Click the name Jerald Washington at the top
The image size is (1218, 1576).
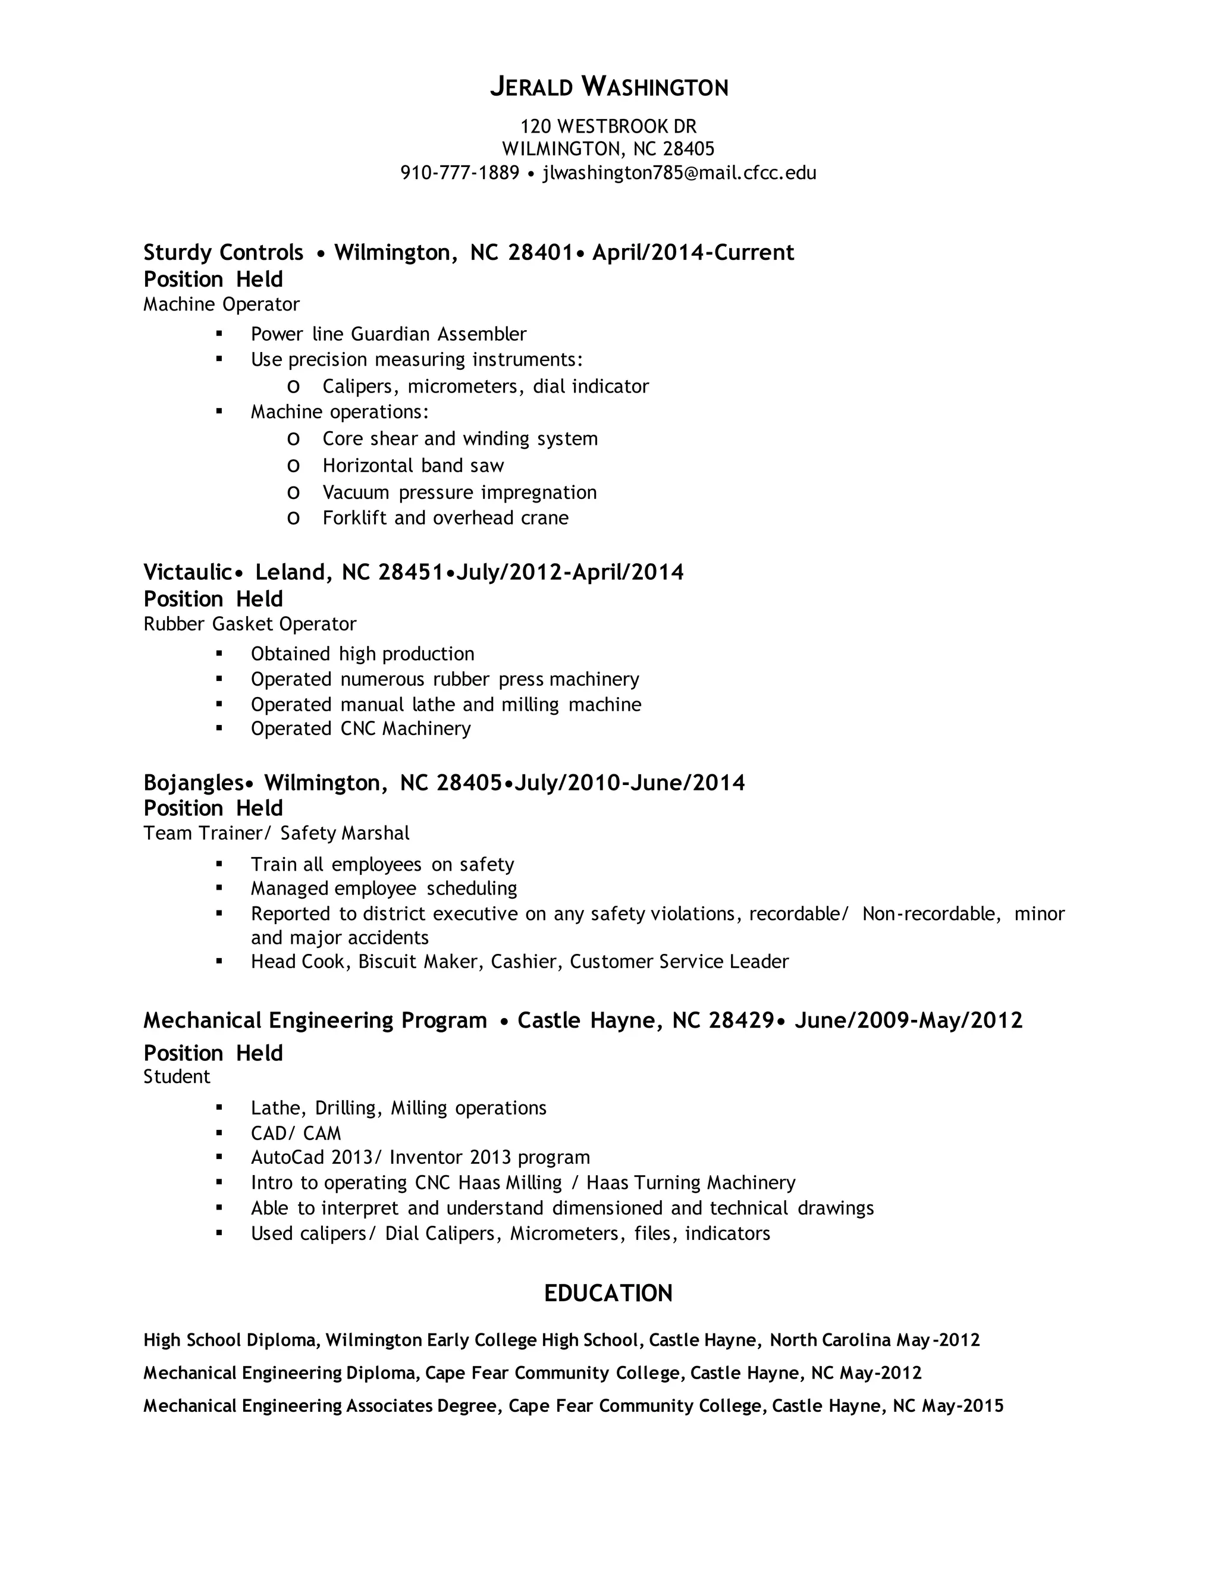pyautogui.click(x=609, y=87)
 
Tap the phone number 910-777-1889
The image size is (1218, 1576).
pyautogui.click(x=460, y=173)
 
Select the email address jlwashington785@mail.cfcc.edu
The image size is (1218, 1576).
pyautogui.click(x=679, y=173)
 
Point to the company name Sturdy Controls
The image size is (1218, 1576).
pyautogui.click(x=223, y=253)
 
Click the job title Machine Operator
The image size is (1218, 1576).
pyautogui.click(x=221, y=304)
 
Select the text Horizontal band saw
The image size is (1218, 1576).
pyautogui.click(x=413, y=466)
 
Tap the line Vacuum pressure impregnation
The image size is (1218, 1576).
pyautogui.click(x=460, y=493)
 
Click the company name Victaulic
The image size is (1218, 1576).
pyautogui.click(x=187, y=572)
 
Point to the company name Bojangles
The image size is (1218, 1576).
pyautogui.click(x=194, y=783)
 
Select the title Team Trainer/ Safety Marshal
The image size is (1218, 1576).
pyautogui.click(x=275, y=833)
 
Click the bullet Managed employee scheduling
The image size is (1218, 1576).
pyautogui.click(x=384, y=889)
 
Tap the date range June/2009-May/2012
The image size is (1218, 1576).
pyautogui.click(x=909, y=1021)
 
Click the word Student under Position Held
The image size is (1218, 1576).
pyautogui.click(x=177, y=1076)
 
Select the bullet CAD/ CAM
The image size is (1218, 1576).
pyautogui.click(x=296, y=1134)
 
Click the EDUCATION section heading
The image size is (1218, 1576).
pyautogui.click(x=608, y=1293)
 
